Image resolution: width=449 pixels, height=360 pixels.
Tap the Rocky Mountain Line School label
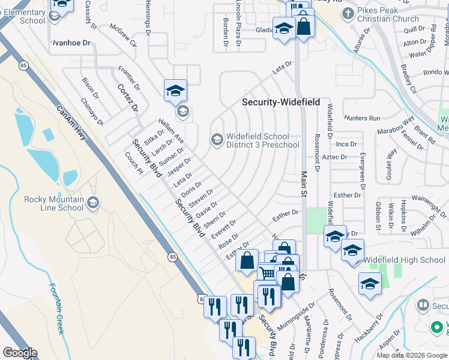(54, 203)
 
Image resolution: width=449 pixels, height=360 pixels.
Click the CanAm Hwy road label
(71, 123)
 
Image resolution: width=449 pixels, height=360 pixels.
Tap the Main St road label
(303, 182)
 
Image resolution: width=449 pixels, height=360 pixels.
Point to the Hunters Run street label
(363, 118)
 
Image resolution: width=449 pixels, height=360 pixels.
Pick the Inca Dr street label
(346, 144)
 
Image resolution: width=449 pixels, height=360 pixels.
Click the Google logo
(19, 353)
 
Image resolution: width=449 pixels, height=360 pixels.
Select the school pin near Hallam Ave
(175, 91)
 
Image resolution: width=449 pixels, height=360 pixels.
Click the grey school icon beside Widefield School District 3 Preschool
(215, 140)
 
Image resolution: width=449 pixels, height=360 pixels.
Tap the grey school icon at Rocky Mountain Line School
(92, 203)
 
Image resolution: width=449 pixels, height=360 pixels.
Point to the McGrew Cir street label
(123, 36)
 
